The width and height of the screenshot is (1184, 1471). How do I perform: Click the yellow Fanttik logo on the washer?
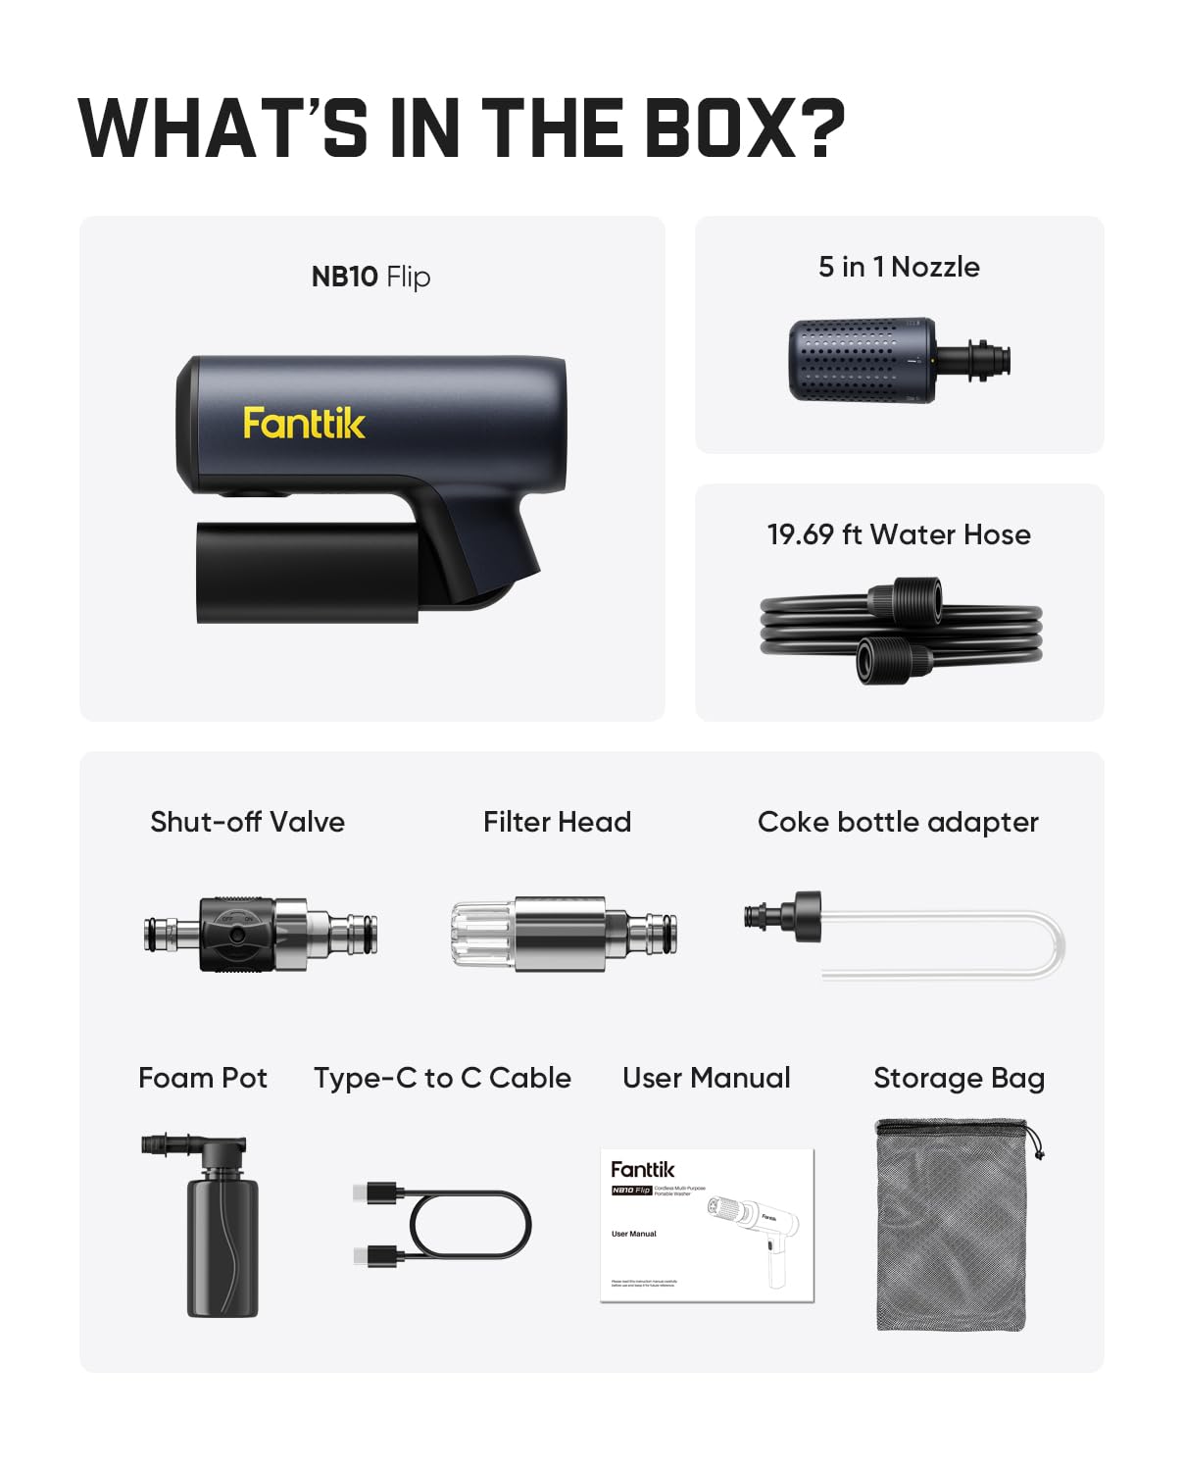pyautogui.click(x=304, y=424)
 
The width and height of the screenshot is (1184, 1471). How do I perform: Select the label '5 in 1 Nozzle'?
pyautogui.click(x=899, y=267)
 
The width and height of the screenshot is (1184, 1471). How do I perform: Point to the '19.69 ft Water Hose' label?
pyautogui.click(x=899, y=534)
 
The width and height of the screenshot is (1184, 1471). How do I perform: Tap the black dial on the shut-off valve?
pyautogui.click(x=236, y=934)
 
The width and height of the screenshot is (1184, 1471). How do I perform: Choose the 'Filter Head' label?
pyautogui.click(x=557, y=822)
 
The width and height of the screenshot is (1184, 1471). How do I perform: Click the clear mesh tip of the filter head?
pyautogui.click(x=480, y=935)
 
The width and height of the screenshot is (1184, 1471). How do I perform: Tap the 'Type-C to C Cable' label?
pyautogui.click(x=442, y=1078)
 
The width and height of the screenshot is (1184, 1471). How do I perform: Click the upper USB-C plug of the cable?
pyautogui.click(x=378, y=1193)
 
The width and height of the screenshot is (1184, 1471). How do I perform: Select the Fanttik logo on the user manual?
pyautogui.click(x=642, y=1169)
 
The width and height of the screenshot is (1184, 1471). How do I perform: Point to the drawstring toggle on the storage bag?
pyautogui.click(x=1038, y=1153)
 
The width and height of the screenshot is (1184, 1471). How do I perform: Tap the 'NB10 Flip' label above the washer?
pyautogui.click(x=370, y=277)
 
